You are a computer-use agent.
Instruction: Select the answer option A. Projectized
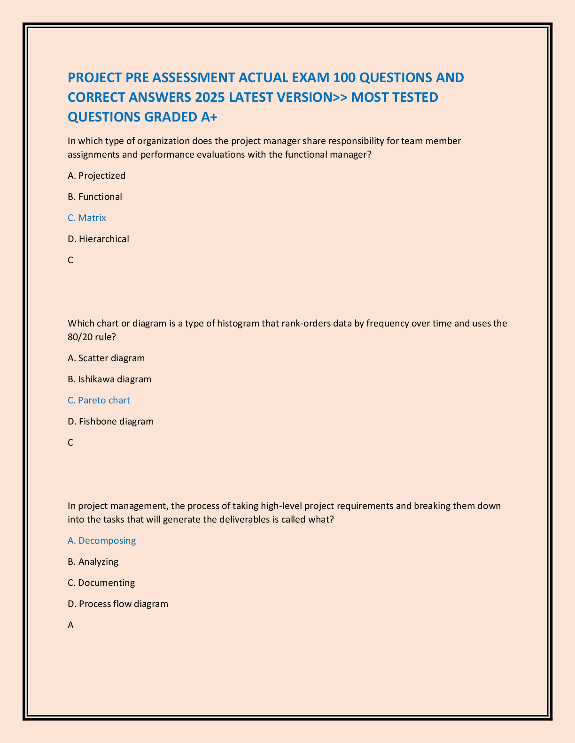pyautogui.click(x=97, y=175)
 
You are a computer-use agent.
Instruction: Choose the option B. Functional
pyautogui.click(x=95, y=197)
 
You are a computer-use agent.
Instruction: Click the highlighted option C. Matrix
pyautogui.click(x=87, y=218)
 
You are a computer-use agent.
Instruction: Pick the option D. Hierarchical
pyautogui.click(x=98, y=239)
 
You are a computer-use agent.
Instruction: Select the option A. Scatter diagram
pyautogui.click(x=106, y=358)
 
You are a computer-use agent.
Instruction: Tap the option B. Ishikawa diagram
pyautogui.click(x=109, y=379)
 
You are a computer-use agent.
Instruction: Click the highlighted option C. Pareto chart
pyautogui.click(x=99, y=400)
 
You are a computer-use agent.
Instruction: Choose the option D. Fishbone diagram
pyautogui.click(x=111, y=421)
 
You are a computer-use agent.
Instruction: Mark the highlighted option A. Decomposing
pyautogui.click(x=102, y=540)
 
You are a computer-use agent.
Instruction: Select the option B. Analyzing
pyautogui.click(x=93, y=561)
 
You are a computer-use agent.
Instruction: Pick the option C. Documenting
pyautogui.click(x=101, y=583)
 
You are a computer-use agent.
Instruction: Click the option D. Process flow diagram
pyautogui.click(x=118, y=604)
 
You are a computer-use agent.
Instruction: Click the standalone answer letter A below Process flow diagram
pyautogui.click(x=71, y=625)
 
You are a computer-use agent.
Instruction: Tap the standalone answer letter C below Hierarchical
pyautogui.click(x=70, y=260)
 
